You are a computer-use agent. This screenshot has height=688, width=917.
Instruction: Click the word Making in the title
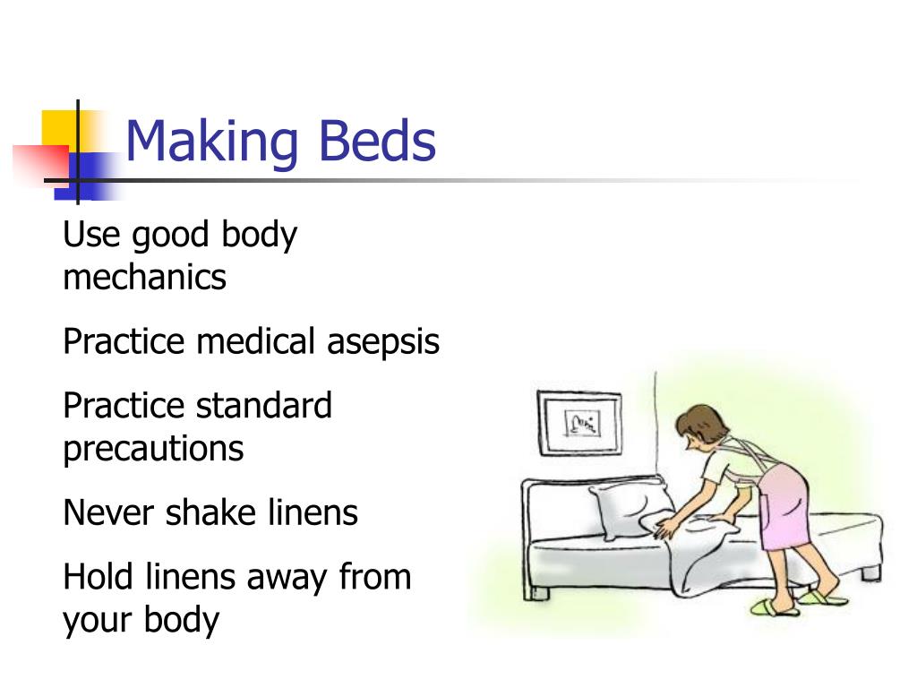(x=210, y=142)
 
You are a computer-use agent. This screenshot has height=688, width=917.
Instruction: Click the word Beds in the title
(x=375, y=141)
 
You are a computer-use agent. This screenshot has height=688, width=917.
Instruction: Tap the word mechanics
(x=144, y=277)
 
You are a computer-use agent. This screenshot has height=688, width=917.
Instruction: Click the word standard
(x=264, y=406)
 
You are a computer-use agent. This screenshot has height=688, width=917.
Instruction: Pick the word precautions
(x=153, y=448)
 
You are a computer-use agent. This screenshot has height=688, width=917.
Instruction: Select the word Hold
(x=99, y=576)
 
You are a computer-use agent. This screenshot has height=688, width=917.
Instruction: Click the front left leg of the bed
(x=537, y=591)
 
